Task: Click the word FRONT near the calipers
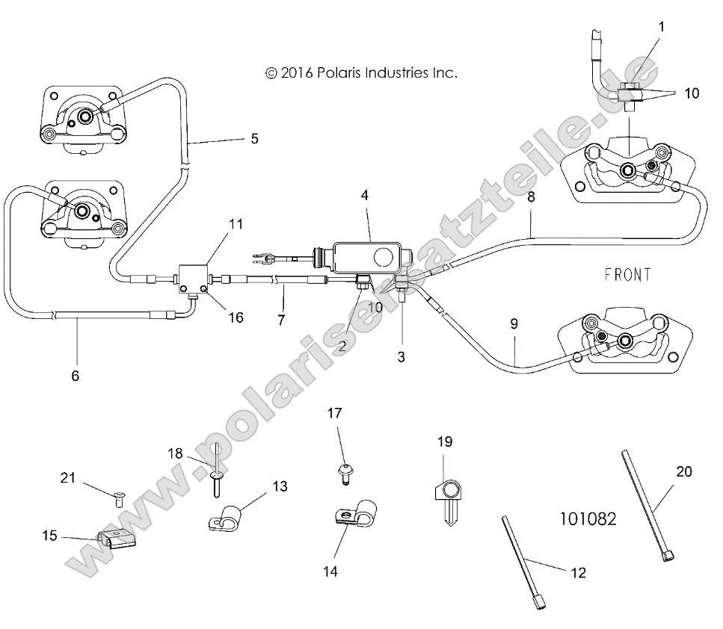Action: [x=627, y=275]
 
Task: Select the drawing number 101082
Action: [x=588, y=518]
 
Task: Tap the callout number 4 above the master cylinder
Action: [x=364, y=196]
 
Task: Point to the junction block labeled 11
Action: [x=194, y=280]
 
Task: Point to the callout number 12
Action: [x=578, y=573]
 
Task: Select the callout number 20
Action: [x=684, y=471]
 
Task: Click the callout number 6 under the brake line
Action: [x=75, y=376]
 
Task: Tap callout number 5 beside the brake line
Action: [x=254, y=138]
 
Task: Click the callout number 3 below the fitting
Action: [x=401, y=357]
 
